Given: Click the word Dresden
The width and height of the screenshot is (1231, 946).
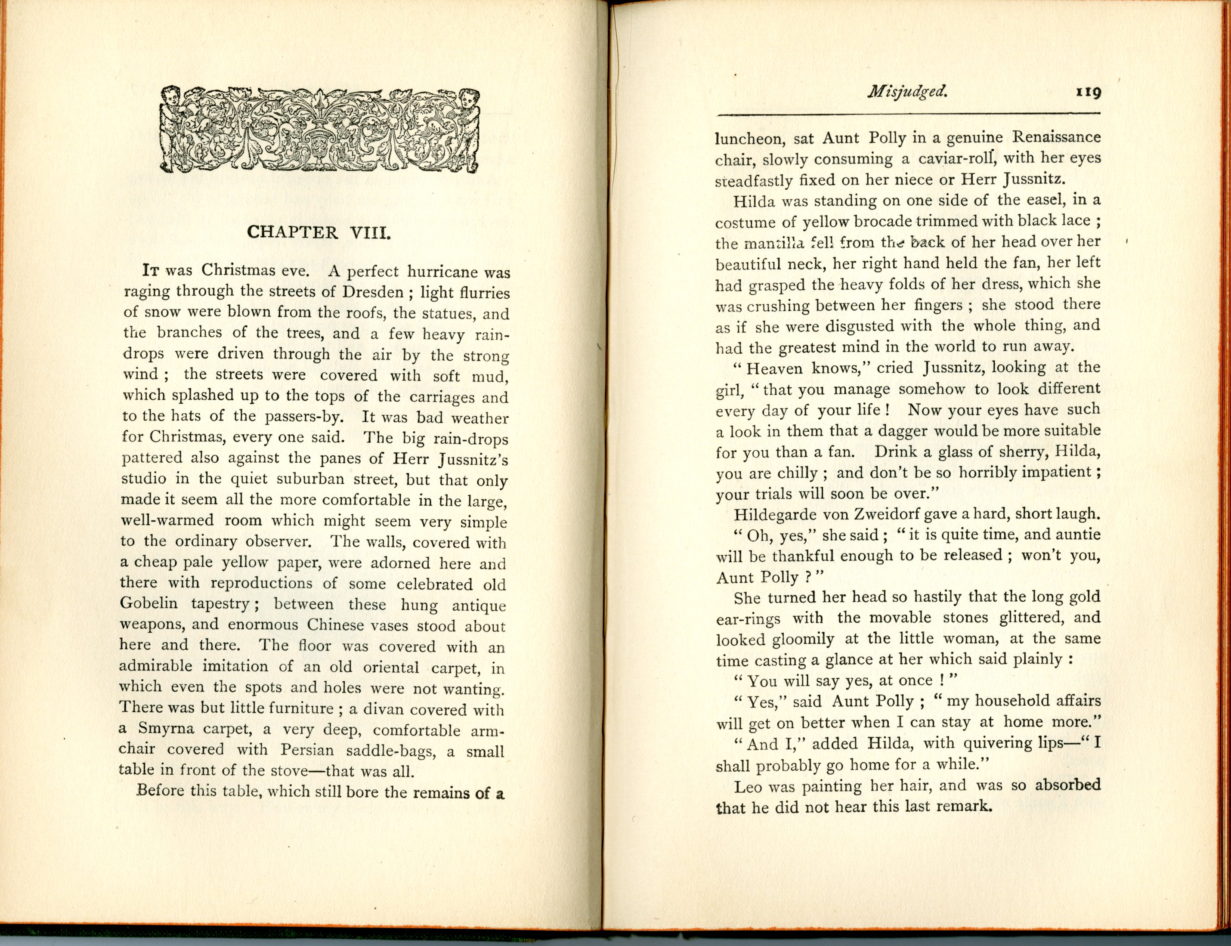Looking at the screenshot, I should click(373, 292).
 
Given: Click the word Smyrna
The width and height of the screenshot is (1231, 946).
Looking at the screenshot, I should click(166, 729).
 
